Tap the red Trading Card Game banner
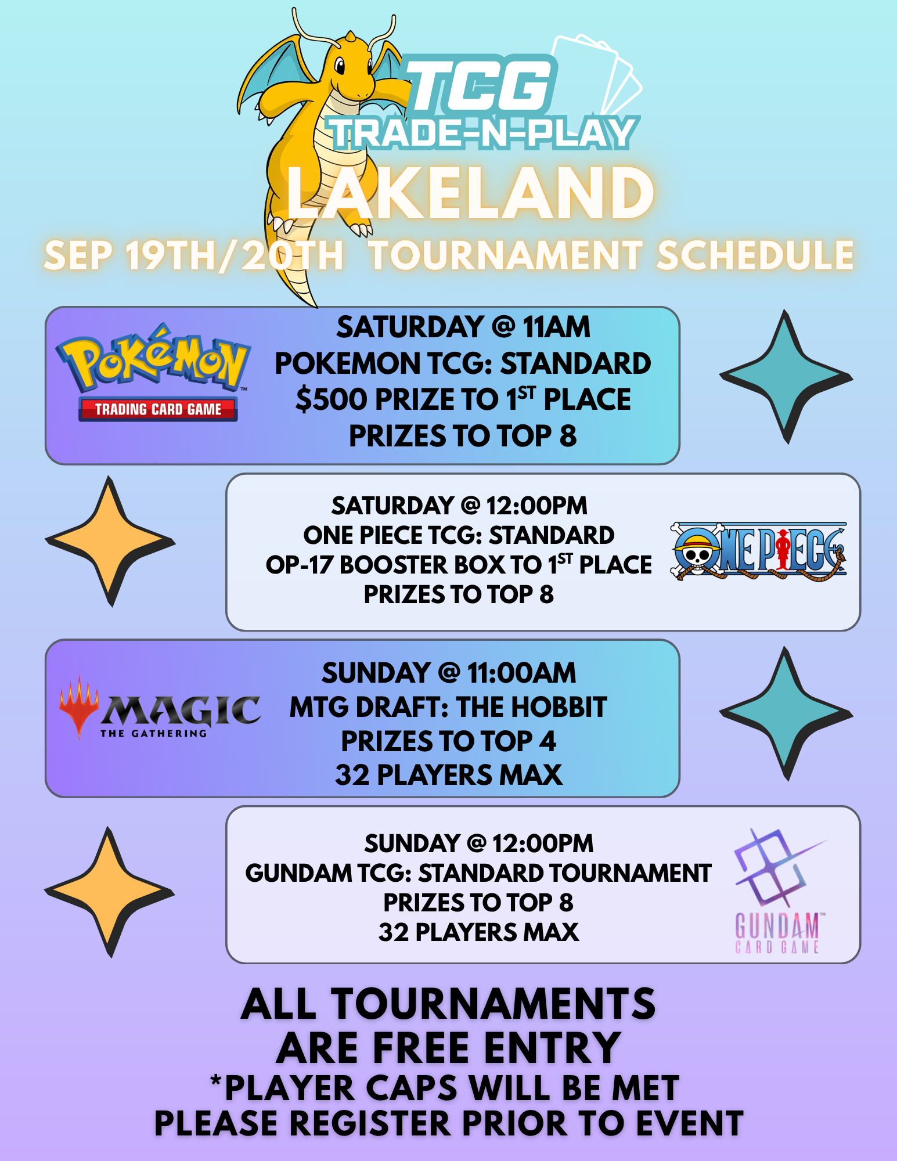pos(158,409)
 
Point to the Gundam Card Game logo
pos(778,891)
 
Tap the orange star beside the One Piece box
pos(110,541)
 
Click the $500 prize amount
pos(332,399)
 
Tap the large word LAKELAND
pos(471,193)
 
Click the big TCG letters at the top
pos(480,85)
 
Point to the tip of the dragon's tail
pos(316,306)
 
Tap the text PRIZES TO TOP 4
pos(448,741)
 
